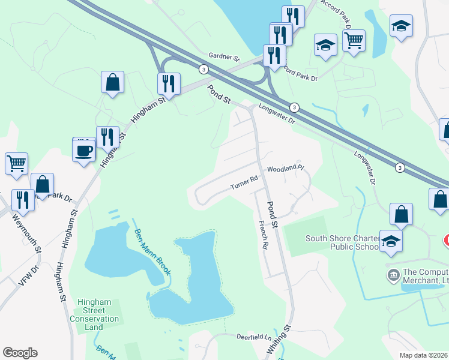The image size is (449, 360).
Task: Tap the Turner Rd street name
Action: pyautogui.click(x=244, y=182)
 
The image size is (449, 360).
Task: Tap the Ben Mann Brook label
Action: pyautogui.click(x=152, y=252)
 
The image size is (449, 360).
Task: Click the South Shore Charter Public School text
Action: pyautogui.click(x=341, y=242)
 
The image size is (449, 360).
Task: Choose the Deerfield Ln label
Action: pyautogui.click(x=254, y=338)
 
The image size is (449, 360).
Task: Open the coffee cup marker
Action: pyautogui.click(x=83, y=150)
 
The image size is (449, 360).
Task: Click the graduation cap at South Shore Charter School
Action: pyautogui.click(x=391, y=241)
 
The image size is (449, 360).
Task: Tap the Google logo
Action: pyautogui.click(x=20, y=353)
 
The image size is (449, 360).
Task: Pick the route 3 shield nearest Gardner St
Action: pyautogui.click(x=205, y=70)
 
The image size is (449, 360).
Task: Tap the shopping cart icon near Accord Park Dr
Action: pyautogui.click(x=354, y=41)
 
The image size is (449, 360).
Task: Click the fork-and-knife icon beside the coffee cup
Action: pyautogui.click(x=107, y=137)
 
